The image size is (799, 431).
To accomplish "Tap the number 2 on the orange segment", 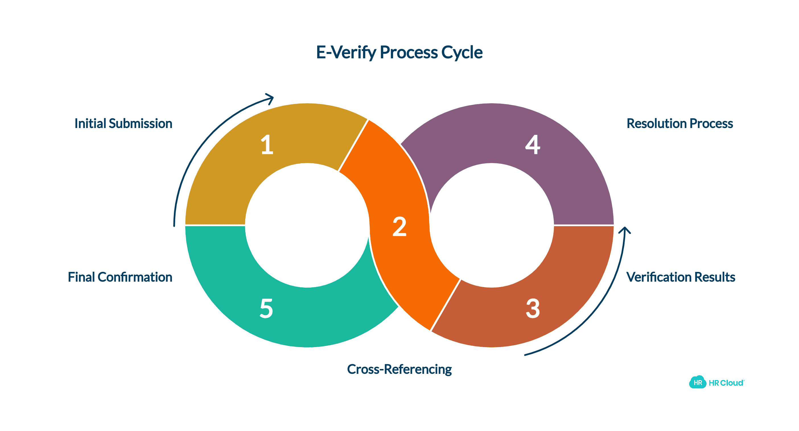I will click(400, 227).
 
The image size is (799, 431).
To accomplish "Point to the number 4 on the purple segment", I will click(533, 145).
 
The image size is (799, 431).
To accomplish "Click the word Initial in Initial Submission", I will click(90, 123).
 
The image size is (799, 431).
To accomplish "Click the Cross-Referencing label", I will click(399, 369).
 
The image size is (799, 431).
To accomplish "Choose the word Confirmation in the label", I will click(135, 277).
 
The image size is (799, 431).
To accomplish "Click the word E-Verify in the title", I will click(346, 52).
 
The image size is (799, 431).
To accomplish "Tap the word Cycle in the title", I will click(462, 52).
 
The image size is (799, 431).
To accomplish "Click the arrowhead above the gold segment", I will click(270, 98).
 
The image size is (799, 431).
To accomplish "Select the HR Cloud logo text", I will click(726, 383).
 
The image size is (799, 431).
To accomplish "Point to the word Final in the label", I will click(81, 277).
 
